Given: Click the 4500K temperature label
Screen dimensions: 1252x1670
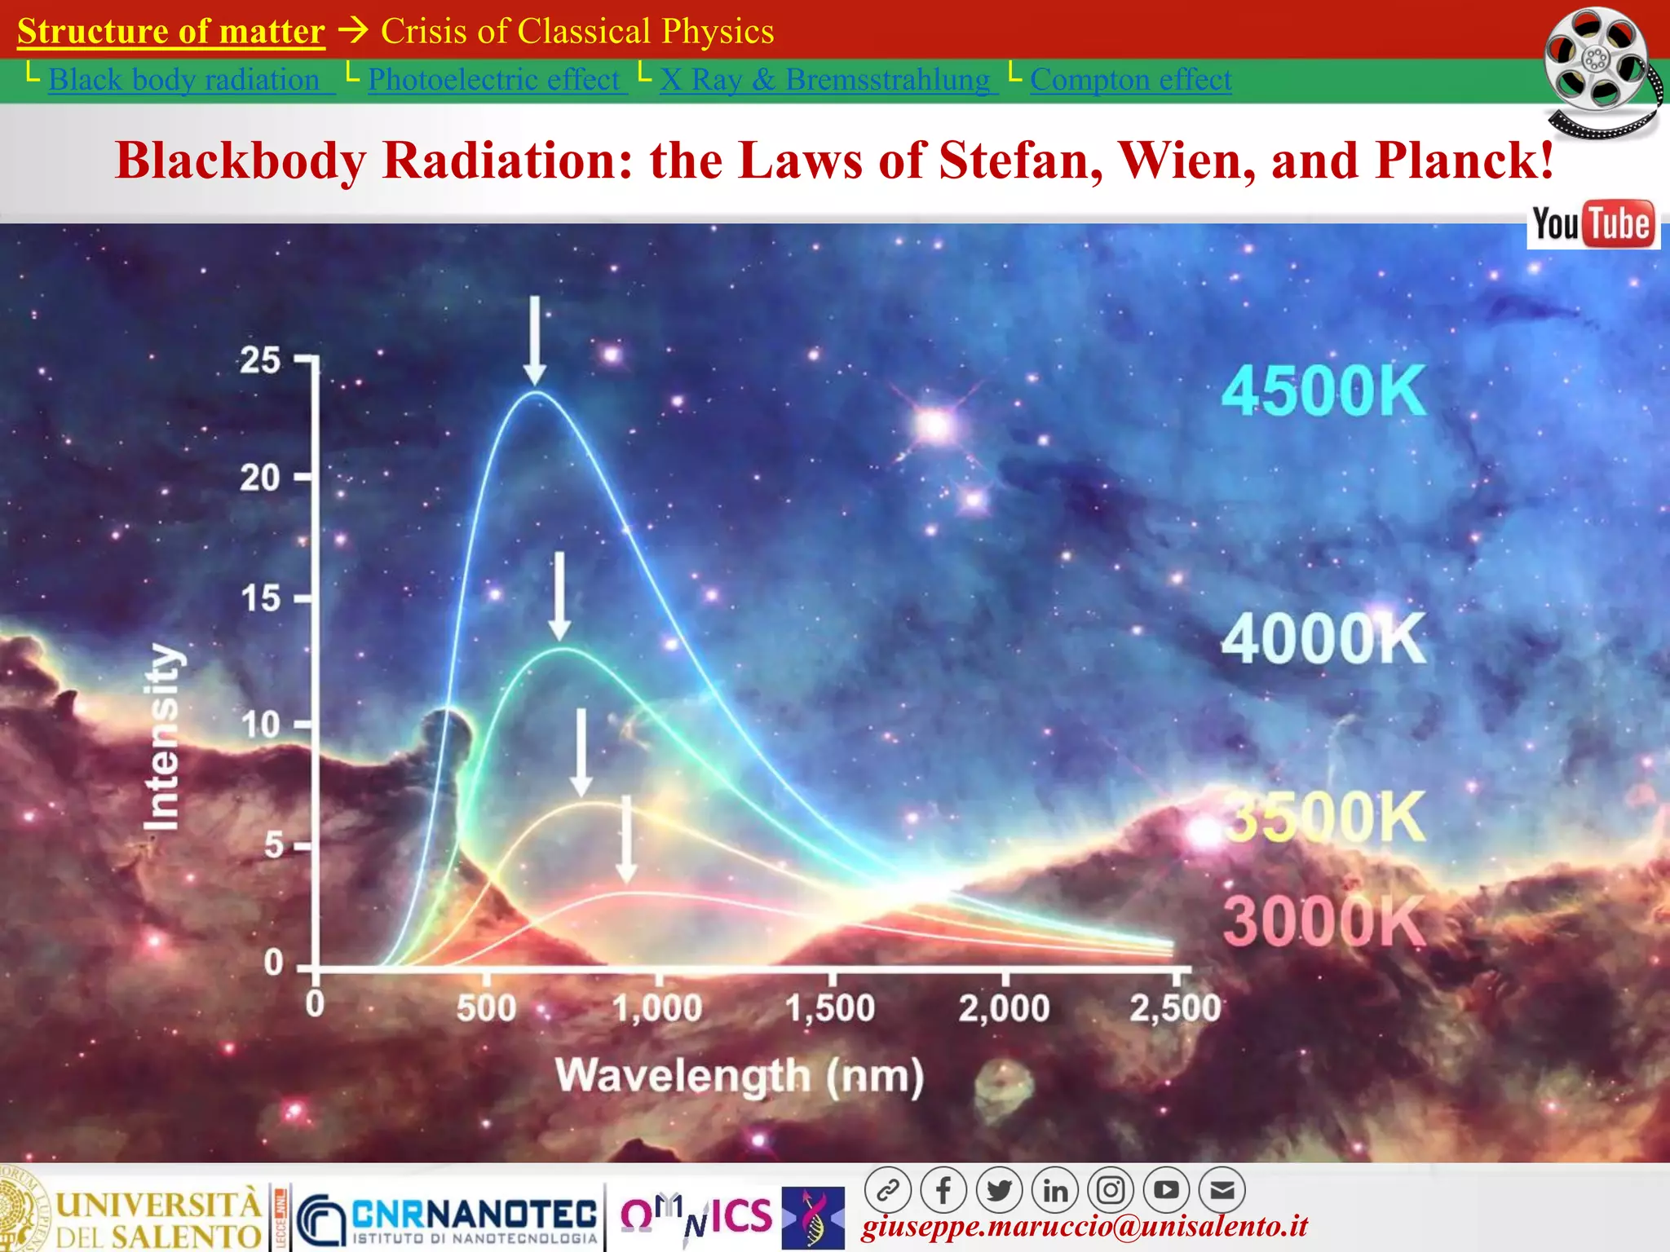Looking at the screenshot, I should pos(1323,391).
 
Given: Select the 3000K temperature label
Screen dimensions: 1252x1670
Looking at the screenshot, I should pos(1323,921).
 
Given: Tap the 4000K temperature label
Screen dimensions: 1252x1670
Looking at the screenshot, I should pos(1323,639).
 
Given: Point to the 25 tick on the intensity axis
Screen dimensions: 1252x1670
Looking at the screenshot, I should pos(260,360).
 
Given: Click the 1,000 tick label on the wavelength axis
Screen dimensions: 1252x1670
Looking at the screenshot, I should pos(657,1008).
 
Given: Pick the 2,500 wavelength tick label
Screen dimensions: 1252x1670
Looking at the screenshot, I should pos(1175,1008).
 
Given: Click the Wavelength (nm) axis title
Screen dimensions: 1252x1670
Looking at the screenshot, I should pos(740,1076).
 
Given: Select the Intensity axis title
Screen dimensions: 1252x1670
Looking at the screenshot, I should pos(161,738).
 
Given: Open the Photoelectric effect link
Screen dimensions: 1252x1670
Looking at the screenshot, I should pos(494,80).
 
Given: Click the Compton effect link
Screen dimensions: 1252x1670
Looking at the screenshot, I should pos(1130,80).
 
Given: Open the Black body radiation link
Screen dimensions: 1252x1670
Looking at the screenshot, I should pos(184,80).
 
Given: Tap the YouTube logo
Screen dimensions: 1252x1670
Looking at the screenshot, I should pos(1593,224).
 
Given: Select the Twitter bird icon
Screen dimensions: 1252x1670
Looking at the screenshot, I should pos(1000,1191).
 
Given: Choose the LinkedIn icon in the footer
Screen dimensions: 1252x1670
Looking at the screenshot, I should pos(1055,1191).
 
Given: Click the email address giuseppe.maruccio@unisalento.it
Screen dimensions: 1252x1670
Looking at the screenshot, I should pos(1085,1227).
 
